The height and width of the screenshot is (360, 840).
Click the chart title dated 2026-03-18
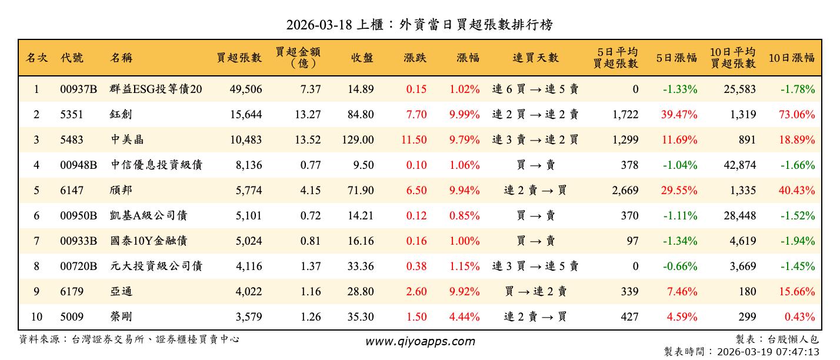[x=419, y=25]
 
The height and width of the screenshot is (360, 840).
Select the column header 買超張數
[x=239, y=58]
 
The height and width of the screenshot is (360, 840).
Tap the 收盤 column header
[x=362, y=58]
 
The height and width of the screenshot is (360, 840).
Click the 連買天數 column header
[x=535, y=58]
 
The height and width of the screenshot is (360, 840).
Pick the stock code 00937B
[x=78, y=89]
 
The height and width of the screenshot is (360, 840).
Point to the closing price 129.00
[x=358, y=140]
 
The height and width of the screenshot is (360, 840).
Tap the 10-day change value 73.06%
[x=797, y=115]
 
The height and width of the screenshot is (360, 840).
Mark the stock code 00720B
[x=78, y=266]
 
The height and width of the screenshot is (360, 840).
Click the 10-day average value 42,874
[x=739, y=165]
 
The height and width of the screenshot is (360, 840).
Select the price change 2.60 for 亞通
[x=416, y=292]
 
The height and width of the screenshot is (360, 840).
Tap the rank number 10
[x=36, y=317]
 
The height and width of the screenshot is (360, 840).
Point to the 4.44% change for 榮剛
[x=464, y=317]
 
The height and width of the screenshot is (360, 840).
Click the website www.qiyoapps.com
[x=420, y=341]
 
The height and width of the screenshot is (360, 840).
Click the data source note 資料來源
[x=129, y=339]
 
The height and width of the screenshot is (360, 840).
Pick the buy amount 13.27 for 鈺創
[x=308, y=115]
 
